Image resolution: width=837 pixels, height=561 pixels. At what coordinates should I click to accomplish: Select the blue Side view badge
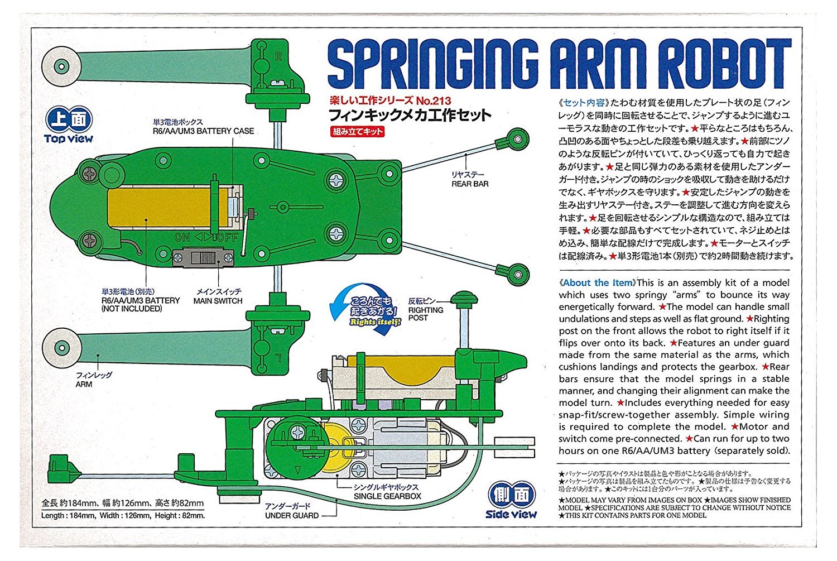[x=511, y=501]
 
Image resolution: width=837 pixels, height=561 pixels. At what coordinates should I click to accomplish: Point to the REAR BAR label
[x=470, y=184]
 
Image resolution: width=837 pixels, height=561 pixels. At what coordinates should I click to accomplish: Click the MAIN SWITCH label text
[x=218, y=301]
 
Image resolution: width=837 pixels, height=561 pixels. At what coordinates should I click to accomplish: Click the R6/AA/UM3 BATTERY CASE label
[x=203, y=131]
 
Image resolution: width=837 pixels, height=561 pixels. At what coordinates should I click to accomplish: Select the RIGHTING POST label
[x=426, y=314]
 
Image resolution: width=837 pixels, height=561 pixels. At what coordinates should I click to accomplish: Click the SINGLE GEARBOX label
[x=387, y=496]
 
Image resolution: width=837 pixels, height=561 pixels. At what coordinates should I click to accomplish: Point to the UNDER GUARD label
[x=291, y=515]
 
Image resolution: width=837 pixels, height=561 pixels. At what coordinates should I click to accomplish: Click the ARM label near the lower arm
[x=84, y=384]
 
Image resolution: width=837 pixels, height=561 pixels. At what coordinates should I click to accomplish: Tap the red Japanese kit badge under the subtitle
[x=358, y=132]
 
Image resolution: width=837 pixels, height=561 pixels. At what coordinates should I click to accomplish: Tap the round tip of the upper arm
[x=60, y=67]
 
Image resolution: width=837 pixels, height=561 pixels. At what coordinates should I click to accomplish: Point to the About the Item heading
[x=597, y=283]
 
